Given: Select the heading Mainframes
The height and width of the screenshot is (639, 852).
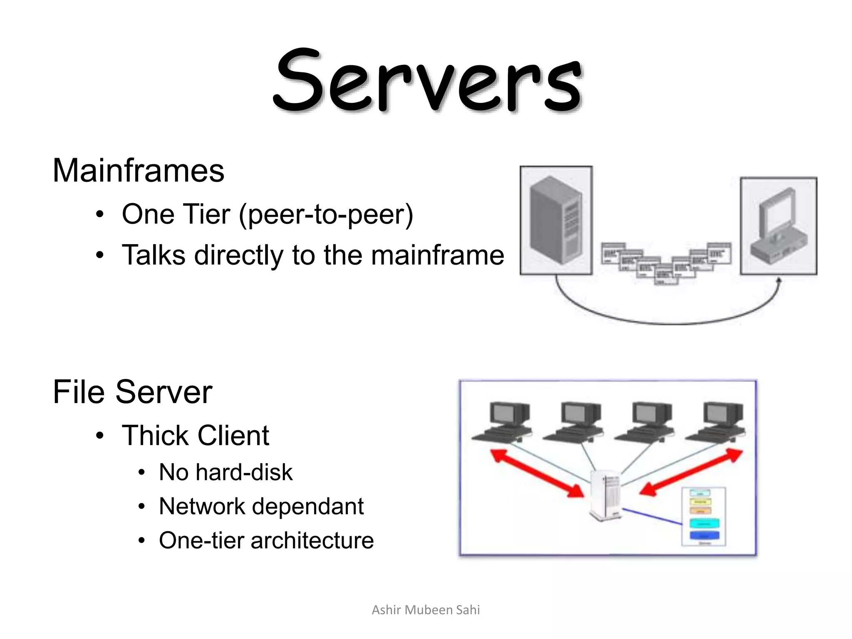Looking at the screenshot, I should click(x=138, y=171).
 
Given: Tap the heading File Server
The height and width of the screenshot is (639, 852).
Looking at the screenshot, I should click(x=132, y=392).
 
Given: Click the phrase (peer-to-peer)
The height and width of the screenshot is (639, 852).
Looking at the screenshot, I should click(x=326, y=215).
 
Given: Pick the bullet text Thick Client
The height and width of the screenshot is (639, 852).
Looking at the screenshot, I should click(x=195, y=436).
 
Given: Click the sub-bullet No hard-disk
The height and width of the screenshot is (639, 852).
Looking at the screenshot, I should click(x=225, y=472).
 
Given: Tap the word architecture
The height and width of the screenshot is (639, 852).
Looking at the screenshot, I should click(x=312, y=540).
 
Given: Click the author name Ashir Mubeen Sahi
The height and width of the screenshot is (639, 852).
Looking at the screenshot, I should click(x=426, y=610).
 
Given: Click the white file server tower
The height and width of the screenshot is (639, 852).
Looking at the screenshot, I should click(x=606, y=495).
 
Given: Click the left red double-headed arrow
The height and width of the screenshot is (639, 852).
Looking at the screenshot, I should click(x=537, y=473).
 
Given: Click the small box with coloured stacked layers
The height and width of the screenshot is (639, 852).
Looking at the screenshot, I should click(x=703, y=516).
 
